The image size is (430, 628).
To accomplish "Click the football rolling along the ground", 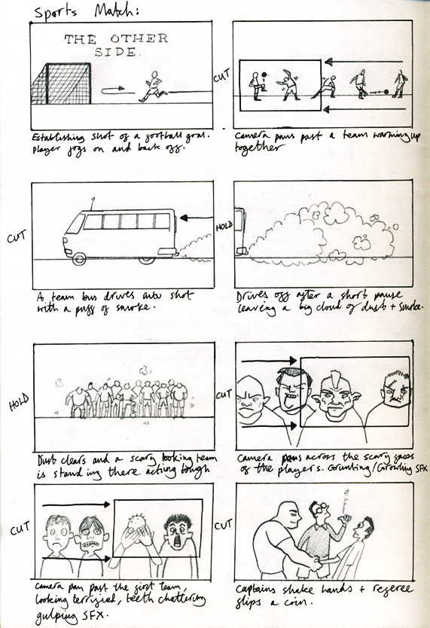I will point(386,93).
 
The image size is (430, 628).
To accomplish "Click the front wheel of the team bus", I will point(78,258).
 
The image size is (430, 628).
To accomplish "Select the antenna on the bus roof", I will point(91,203).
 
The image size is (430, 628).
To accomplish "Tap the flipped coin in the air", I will point(345,493).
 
